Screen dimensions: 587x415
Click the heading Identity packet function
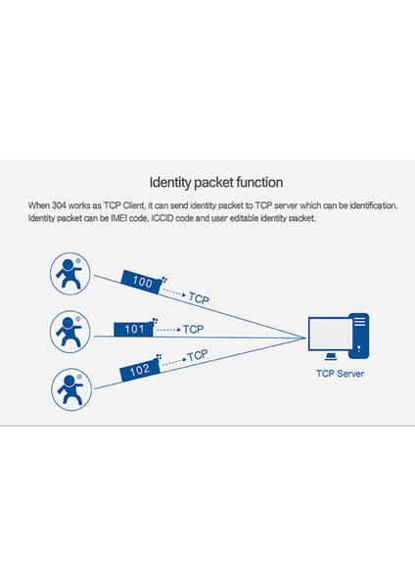point(215,182)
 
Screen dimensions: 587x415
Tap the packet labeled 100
point(143,282)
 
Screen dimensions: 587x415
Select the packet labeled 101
point(135,329)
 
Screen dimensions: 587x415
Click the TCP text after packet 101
point(193,329)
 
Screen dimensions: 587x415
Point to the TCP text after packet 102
point(197,355)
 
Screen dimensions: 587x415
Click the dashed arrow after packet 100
point(173,292)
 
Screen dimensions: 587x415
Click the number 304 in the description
point(68,206)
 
